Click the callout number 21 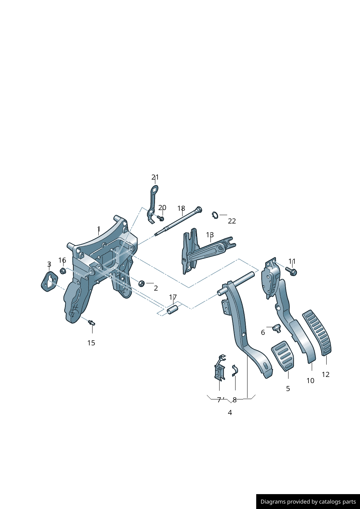click(155, 177)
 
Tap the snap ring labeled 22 click(214, 215)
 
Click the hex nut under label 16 click(62, 271)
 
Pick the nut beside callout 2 click(142, 282)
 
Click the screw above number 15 click(91, 322)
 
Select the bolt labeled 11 click(291, 271)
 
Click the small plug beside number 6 click(278, 329)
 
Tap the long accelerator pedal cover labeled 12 click(317, 332)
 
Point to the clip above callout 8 click(234, 370)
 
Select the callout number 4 click(230, 412)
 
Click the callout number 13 click(210, 235)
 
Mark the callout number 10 click(310, 381)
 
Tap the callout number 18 click(181, 208)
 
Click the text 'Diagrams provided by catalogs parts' click(308, 502)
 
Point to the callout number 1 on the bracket click(99, 229)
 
